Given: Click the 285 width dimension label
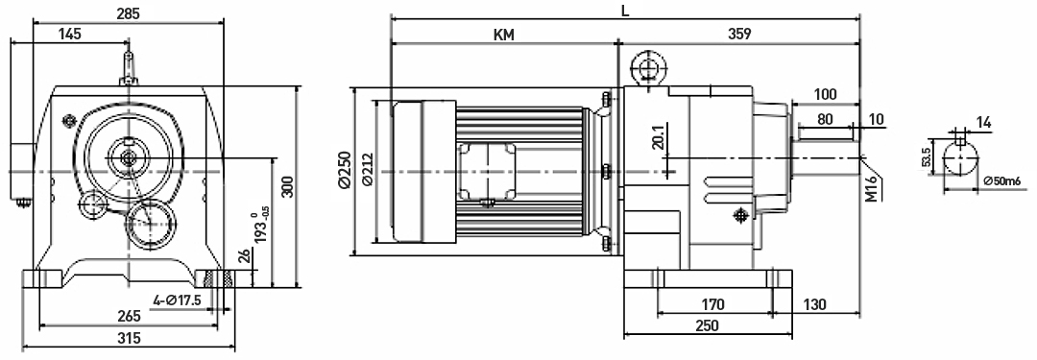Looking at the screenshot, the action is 129,12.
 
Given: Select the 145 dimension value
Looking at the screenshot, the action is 69,34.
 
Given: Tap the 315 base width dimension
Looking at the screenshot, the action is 130,338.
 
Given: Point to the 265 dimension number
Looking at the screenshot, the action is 129,316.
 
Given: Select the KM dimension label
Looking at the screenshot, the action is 504,35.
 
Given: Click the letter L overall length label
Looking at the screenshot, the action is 626,11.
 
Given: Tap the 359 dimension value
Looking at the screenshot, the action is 738,35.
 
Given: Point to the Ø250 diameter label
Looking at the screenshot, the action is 344,172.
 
